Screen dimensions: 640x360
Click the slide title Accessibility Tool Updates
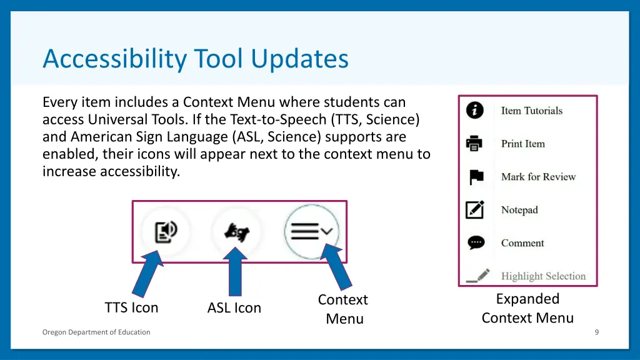pyautogui.click(x=196, y=59)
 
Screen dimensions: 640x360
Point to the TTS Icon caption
pyautogui.click(x=131, y=307)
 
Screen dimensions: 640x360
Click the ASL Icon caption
pyautogui.click(x=234, y=307)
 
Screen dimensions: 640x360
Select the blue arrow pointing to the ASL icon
pyautogui.click(x=235, y=271)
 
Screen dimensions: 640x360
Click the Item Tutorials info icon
pyautogui.click(x=475, y=111)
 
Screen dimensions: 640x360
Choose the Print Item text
pyautogui.click(x=523, y=144)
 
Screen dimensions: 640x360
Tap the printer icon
pyautogui.click(x=475, y=144)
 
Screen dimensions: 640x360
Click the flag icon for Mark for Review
pyautogui.click(x=476, y=177)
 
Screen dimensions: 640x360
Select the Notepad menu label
pyautogui.click(x=519, y=210)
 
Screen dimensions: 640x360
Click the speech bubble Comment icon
pyautogui.click(x=476, y=242)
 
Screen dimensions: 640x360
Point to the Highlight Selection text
pyautogui.click(x=543, y=276)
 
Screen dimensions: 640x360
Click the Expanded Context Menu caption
pyautogui.click(x=527, y=308)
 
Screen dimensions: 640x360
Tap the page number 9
pyautogui.click(x=596, y=332)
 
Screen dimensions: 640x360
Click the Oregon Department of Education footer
pyautogui.click(x=96, y=332)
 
